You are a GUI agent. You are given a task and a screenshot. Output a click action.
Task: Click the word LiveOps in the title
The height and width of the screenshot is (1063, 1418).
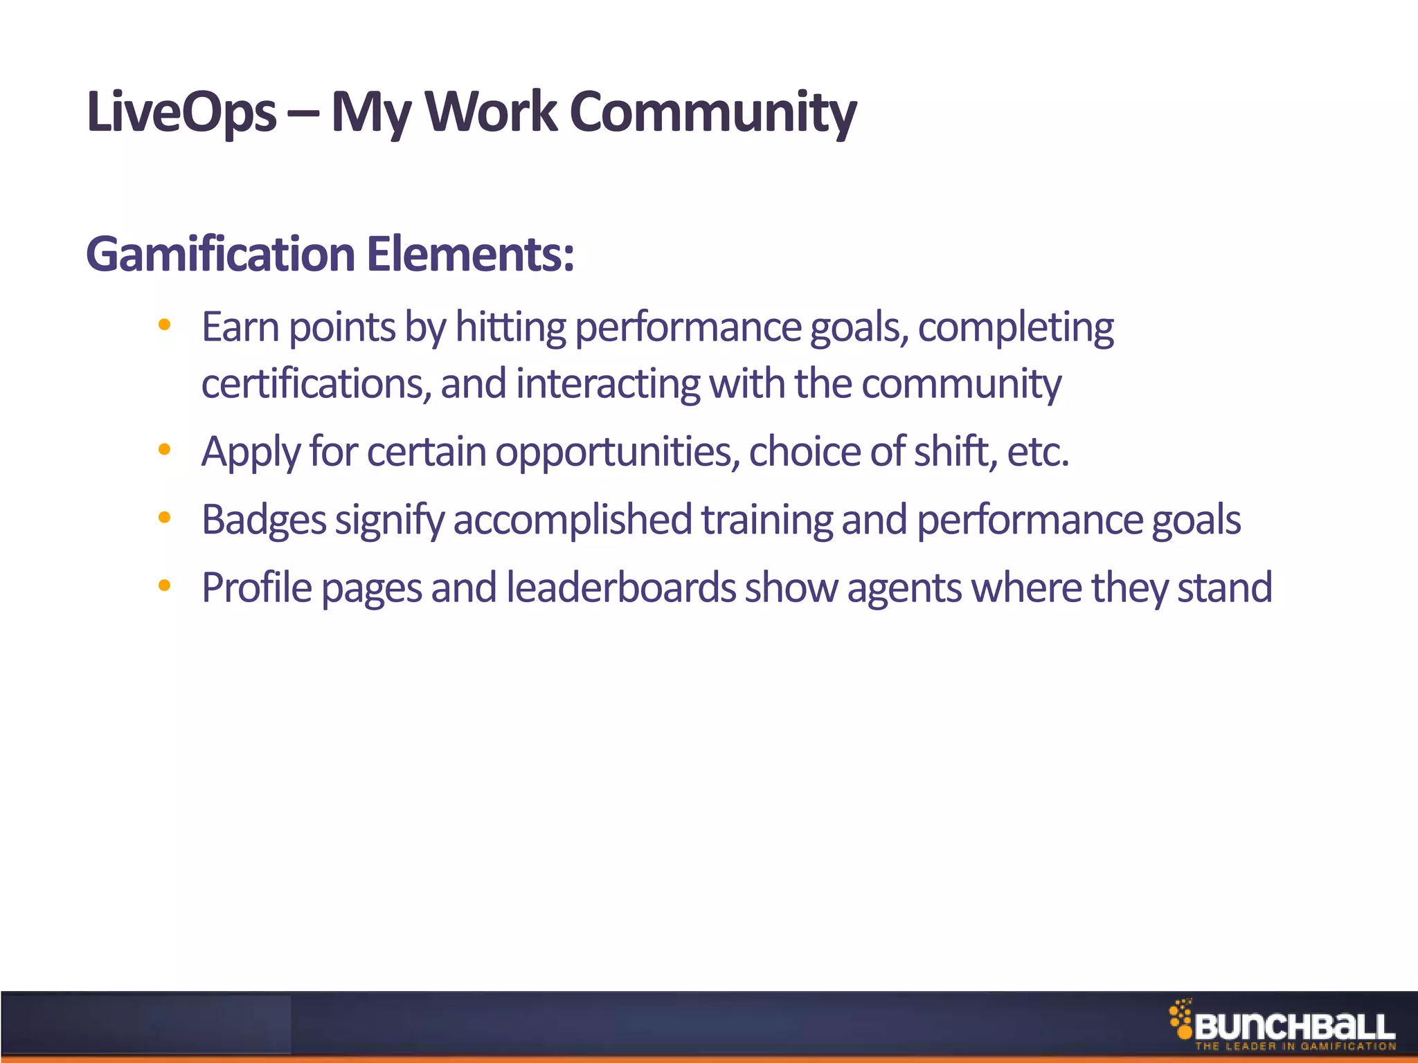click(181, 112)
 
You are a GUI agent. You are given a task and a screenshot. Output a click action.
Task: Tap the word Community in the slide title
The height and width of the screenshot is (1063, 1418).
click(713, 112)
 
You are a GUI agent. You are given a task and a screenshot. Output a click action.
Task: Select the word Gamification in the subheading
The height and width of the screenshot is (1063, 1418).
click(221, 254)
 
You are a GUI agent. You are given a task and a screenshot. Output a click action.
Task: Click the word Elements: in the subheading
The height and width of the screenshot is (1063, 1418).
click(470, 254)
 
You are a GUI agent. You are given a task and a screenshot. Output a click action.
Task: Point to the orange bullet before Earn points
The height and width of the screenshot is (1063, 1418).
click(164, 325)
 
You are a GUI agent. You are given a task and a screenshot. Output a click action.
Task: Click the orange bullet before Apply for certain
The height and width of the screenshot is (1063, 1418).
click(164, 450)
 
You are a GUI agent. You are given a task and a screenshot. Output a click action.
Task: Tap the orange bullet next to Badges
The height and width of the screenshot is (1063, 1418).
click(164, 517)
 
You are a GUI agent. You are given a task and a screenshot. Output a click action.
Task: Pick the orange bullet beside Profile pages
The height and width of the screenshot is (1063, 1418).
click(164, 585)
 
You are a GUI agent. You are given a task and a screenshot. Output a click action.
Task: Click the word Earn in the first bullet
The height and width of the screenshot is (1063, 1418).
click(240, 327)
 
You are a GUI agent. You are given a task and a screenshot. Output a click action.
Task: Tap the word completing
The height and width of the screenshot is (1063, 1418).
click(1016, 328)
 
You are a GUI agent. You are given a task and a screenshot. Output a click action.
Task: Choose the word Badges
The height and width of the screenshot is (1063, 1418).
click(264, 520)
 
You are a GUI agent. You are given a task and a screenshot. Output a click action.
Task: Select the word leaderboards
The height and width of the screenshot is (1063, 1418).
click(621, 588)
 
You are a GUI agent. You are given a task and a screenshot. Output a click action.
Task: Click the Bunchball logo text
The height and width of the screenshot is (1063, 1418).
click(1295, 1027)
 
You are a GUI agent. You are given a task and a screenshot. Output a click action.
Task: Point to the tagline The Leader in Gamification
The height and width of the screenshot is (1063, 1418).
click(1295, 1046)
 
